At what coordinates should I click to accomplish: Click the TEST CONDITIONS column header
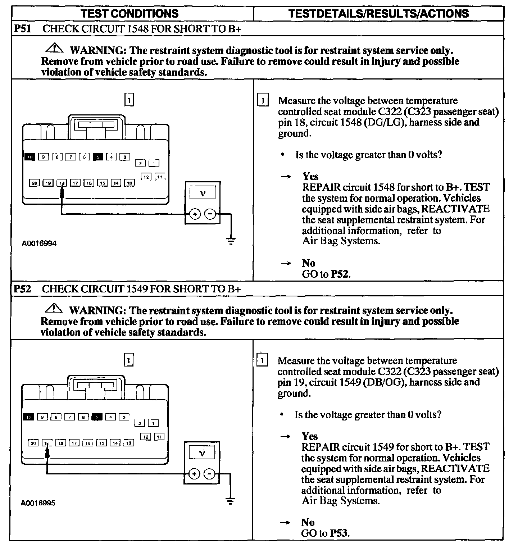tap(129, 14)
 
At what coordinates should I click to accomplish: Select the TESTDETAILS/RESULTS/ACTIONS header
tap(378, 14)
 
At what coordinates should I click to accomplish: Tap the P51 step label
tap(22, 29)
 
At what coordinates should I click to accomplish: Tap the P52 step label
tap(22, 289)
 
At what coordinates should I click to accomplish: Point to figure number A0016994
tap(39, 243)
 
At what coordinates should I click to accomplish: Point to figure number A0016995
tap(38, 503)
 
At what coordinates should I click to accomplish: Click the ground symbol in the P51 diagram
tap(231, 241)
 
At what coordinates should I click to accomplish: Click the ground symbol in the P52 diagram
tap(230, 500)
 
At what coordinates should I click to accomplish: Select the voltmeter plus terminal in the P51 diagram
tap(195, 214)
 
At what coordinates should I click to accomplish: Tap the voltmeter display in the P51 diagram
tap(203, 193)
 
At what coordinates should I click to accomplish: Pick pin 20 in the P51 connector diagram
tap(35, 183)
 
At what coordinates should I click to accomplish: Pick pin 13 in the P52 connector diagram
tap(128, 443)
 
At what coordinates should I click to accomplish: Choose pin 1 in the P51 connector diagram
tap(154, 164)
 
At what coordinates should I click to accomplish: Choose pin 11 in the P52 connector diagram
tap(159, 437)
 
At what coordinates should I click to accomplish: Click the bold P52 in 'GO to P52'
tap(340, 274)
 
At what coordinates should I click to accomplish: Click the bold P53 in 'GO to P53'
tap(339, 533)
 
